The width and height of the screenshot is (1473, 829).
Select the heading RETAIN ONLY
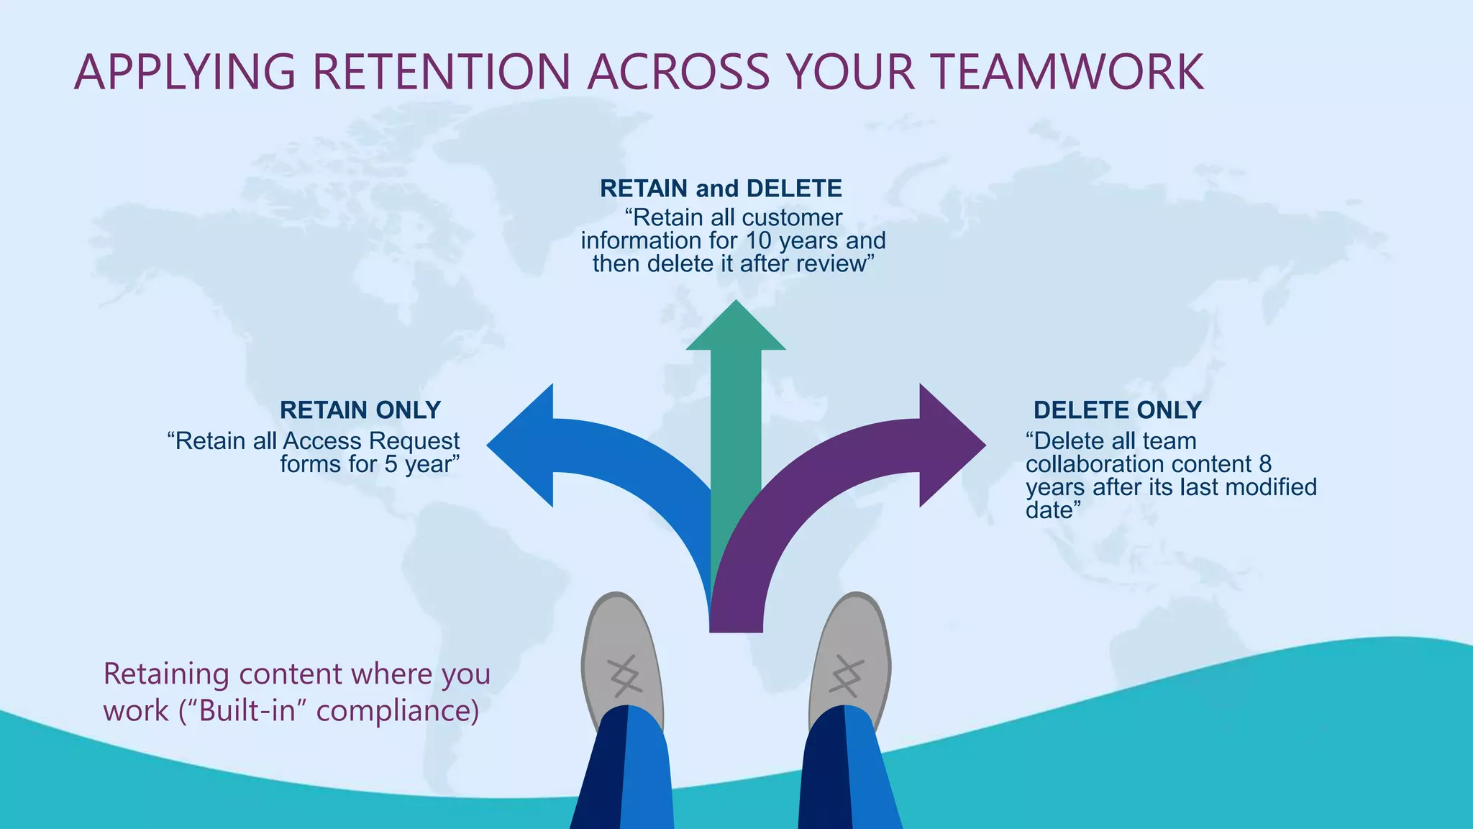(x=360, y=410)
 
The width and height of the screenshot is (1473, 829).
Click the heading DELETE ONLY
(x=1117, y=410)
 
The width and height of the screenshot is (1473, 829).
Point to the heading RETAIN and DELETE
(x=721, y=189)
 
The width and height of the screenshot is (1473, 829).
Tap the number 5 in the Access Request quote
(x=391, y=464)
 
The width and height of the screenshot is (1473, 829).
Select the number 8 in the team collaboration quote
(x=1265, y=464)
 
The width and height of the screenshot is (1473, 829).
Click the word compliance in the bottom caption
(x=397, y=711)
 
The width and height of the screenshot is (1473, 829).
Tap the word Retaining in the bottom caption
(x=166, y=674)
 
